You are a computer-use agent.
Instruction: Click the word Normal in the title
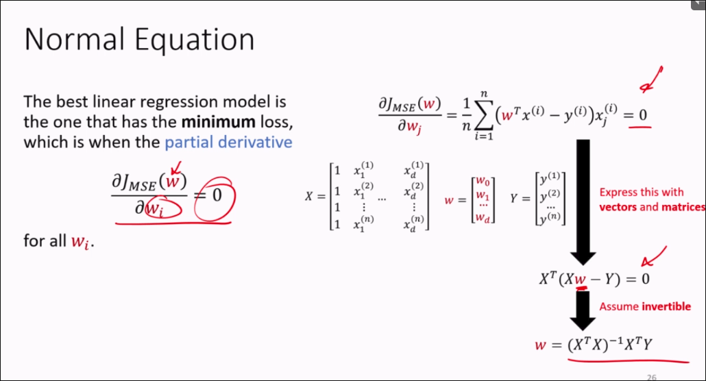pos(74,39)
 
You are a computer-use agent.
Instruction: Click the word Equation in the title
pos(195,40)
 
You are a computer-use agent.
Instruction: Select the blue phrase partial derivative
pos(228,143)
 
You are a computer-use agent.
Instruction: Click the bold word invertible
pos(666,307)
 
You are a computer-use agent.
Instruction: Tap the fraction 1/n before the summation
pos(466,115)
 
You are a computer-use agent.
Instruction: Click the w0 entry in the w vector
pos(483,182)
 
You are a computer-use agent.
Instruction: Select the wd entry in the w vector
pos(483,219)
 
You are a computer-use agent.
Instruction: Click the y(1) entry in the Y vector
pos(550,178)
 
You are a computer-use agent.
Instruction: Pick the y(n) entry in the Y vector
pos(550,218)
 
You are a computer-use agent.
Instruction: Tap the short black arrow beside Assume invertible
pos(583,310)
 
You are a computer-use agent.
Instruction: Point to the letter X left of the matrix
pos(308,197)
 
